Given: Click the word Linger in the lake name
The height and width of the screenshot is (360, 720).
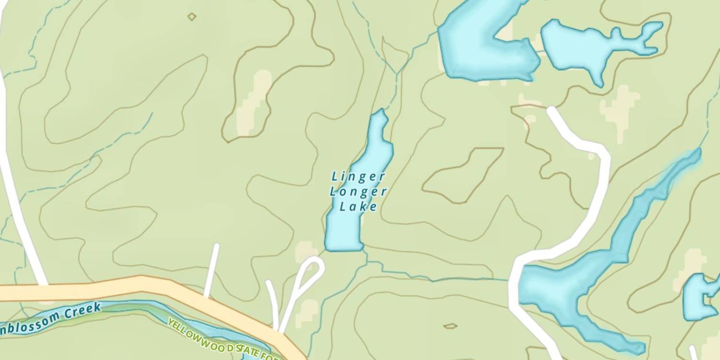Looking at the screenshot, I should (358, 177).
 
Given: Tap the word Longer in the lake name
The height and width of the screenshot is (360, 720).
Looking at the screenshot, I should (358, 192).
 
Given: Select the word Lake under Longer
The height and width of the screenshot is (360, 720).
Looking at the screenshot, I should (358, 207).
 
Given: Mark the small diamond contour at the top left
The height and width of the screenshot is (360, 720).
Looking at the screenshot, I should (192, 17).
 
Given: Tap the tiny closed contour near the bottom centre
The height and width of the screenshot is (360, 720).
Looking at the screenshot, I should (450, 326).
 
